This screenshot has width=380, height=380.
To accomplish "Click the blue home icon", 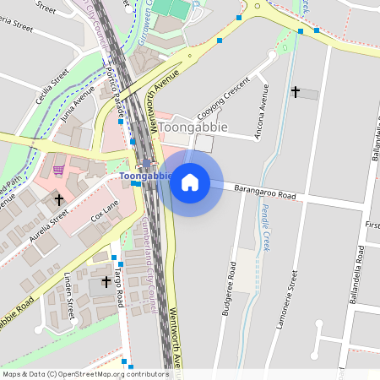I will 190,182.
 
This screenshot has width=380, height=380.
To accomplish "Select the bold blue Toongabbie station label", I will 144,176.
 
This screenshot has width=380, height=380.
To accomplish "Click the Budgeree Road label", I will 228,288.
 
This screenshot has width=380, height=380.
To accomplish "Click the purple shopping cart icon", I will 58,170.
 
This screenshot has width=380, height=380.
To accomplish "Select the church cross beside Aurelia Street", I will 58,199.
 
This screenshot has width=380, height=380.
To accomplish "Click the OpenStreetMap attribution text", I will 85,373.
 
